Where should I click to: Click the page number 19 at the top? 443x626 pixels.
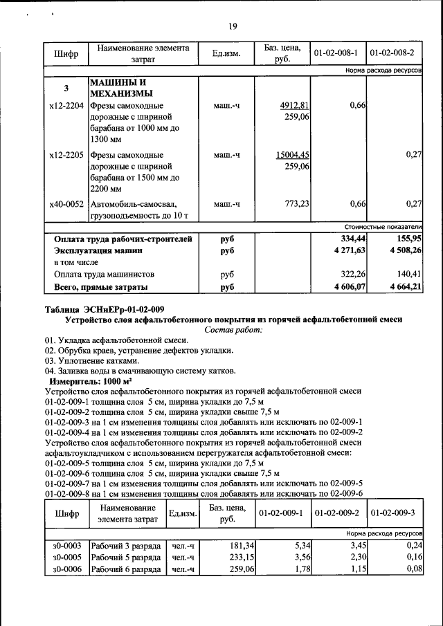[233, 26]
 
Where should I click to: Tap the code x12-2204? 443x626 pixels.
[66, 106]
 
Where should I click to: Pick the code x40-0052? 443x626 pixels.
[66, 204]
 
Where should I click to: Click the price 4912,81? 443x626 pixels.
[294, 106]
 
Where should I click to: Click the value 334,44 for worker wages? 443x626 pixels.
[350, 239]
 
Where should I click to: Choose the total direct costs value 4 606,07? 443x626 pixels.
[347, 286]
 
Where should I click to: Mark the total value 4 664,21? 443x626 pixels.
[406, 286]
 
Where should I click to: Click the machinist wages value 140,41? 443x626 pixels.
[409, 274]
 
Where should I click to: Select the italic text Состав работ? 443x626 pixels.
[234, 330]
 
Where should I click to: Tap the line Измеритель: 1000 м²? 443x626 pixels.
[90, 381]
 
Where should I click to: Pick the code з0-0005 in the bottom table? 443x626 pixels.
[66, 558]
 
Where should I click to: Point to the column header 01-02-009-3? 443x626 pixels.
[392, 514]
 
